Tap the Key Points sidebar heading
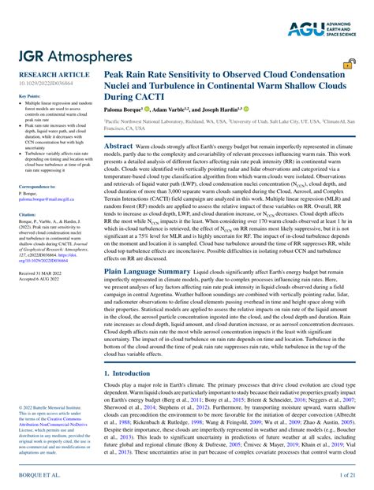tap(29, 96)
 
